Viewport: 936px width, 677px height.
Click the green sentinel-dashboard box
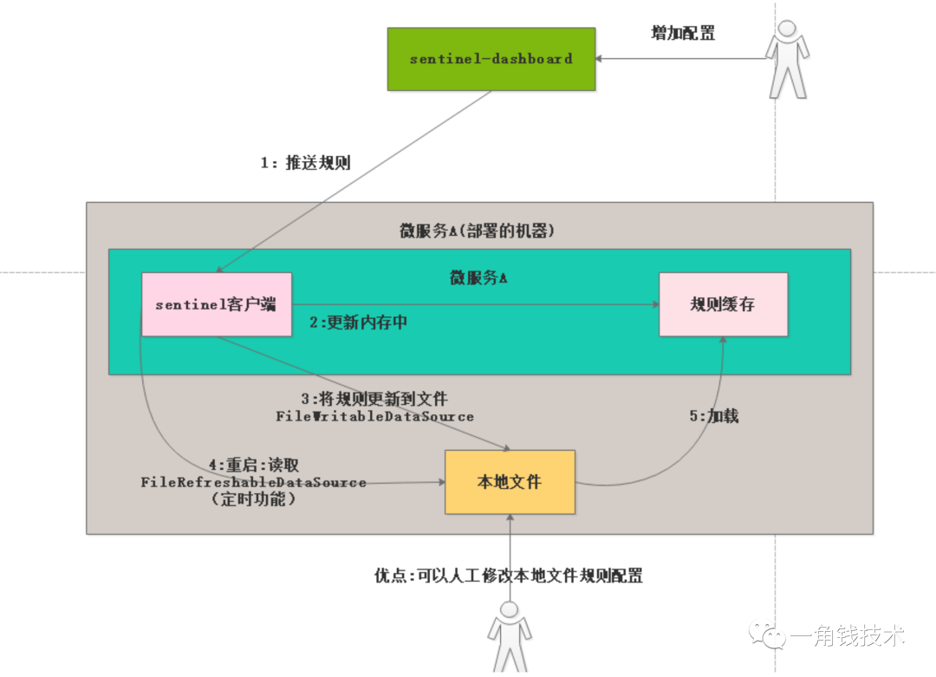point(491,59)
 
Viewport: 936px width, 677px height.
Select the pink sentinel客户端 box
point(217,304)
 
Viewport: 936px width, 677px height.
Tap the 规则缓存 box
point(723,304)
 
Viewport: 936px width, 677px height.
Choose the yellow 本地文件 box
point(510,481)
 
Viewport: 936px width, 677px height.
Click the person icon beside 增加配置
point(787,57)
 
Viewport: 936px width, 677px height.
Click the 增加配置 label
point(683,33)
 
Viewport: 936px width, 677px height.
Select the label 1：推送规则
point(306,163)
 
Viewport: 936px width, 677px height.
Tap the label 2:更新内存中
point(359,323)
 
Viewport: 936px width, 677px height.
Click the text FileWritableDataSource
point(375,417)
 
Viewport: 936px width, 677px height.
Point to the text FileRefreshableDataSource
point(253,482)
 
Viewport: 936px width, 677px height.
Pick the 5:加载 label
point(714,416)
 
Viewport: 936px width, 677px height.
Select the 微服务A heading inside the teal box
point(478,277)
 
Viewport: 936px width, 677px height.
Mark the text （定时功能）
point(253,499)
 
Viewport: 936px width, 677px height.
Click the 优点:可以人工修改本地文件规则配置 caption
point(509,576)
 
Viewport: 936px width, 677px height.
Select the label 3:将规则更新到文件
point(374,400)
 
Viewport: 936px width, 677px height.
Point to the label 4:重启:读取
point(253,465)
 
